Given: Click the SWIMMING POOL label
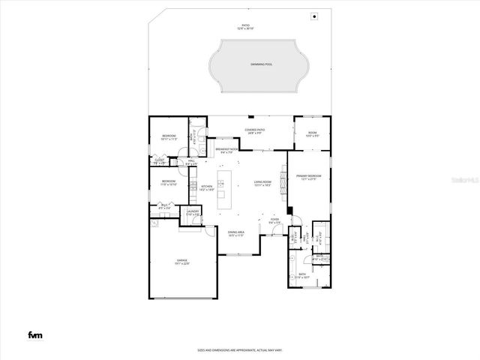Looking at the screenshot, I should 261,64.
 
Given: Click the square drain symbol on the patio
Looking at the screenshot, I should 314,16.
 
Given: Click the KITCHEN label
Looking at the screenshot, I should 207,188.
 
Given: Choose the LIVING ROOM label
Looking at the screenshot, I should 261,182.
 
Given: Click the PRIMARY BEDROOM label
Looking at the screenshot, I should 309,178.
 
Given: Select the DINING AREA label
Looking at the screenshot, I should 236,233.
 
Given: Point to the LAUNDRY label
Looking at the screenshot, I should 192,213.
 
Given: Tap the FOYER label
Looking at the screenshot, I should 274,221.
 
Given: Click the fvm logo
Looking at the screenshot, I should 34,334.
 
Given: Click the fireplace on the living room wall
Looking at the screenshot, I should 283,180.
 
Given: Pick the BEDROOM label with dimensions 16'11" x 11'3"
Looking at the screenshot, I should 168,137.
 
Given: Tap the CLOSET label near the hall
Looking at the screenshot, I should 159,161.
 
